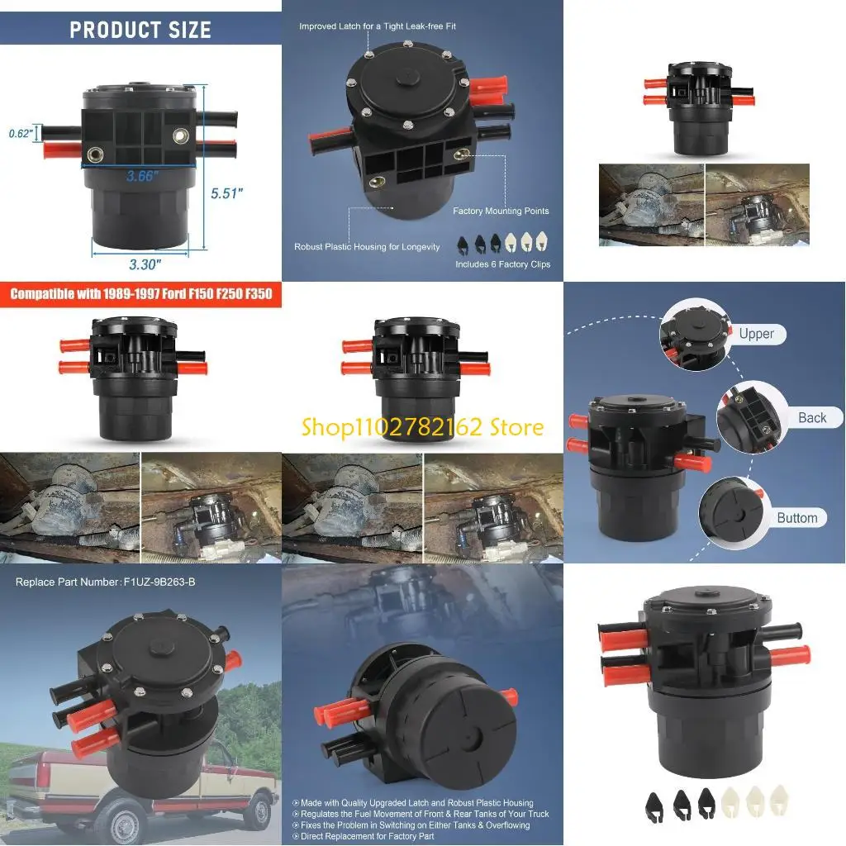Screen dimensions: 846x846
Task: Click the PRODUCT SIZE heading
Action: pyautogui.click(x=140, y=31)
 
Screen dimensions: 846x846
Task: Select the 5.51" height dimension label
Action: pyautogui.click(x=226, y=193)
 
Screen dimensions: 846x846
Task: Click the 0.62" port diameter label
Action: pyautogui.click(x=21, y=133)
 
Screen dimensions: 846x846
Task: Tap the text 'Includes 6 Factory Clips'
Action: pyautogui.click(x=502, y=264)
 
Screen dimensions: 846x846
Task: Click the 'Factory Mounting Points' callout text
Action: pyautogui.click(x=501, y=211)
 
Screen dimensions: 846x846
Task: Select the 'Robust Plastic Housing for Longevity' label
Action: pyautogui.click(x=367, y=247)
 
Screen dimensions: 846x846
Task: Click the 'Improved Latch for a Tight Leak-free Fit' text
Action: pyautogui.click(x=378, y=26)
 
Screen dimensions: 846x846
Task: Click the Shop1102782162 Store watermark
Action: pyautogui.click(x=422, y=427)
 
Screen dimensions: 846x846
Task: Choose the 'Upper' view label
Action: pyautogui.click(x=756, y=334)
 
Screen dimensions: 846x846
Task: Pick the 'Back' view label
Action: pyautogui.click(x=811, y=418)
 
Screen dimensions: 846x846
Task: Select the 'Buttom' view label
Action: pyautogui.click(x=796, y=518)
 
